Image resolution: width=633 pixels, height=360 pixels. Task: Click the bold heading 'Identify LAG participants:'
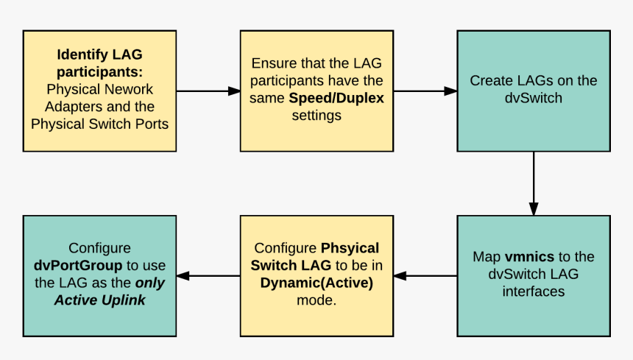click(99, 63)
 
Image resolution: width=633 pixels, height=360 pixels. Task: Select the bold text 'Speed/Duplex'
click(336, 98)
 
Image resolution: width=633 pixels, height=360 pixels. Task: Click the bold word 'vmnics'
click(528, 257)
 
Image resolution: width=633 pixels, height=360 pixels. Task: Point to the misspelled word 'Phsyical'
click(350, 247)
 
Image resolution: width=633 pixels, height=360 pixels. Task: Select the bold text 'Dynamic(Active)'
click(316, 283)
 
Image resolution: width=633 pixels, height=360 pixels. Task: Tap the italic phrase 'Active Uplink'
click(99, 300)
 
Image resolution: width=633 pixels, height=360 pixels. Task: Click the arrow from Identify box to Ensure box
click(208, 91)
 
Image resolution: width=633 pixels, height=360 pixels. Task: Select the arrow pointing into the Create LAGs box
click(425, 91)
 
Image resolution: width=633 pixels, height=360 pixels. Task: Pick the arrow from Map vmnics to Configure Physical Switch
click(425, 276)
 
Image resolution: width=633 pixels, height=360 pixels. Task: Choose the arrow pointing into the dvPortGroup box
click(208, 276)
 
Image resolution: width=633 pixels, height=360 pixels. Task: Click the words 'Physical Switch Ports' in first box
click(99, 124)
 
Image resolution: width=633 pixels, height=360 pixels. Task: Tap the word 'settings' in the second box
click(316, 116)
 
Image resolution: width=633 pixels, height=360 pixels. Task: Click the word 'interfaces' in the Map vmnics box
click(533, 292)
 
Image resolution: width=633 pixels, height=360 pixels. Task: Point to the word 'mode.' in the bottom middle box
click(316, 300)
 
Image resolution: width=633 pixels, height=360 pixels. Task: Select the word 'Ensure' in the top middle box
click(272, 63)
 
